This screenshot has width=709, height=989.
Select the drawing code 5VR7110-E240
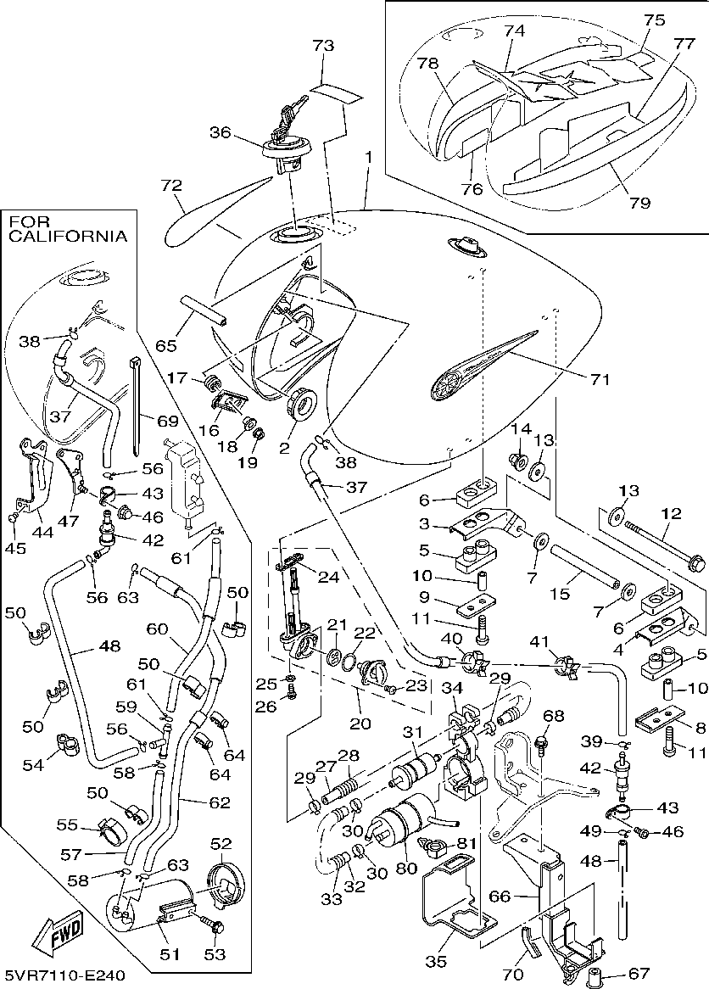coord(64,976)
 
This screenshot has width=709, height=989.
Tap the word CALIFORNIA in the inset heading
coord(67,237)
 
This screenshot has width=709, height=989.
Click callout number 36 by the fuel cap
coord(221,132)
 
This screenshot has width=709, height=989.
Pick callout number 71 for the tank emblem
coord(600,379)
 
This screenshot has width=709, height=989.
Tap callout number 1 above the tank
coord(369,158)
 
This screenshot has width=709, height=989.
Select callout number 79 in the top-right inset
coord(639,203)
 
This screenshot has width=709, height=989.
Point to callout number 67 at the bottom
coord(639,974)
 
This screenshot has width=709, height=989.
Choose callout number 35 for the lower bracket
coord(436,961)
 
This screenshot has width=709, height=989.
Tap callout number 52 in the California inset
coord(221,844)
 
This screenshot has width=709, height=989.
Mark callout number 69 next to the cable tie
coord(167,420)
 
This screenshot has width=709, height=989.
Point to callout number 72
coord(171,184)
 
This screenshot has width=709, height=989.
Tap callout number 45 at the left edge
coord(14,548)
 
